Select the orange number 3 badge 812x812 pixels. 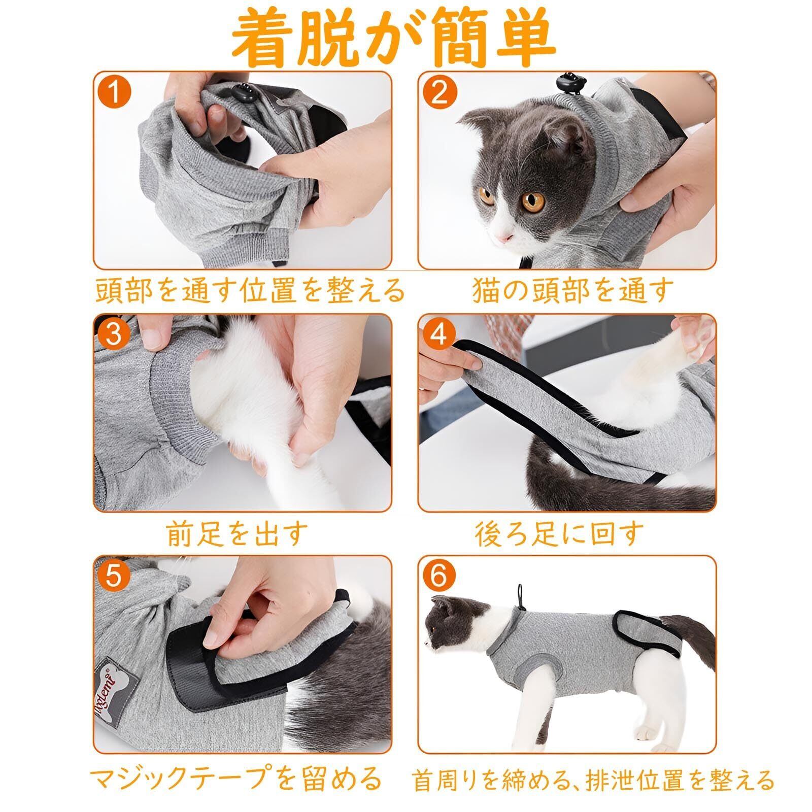coord(115,335)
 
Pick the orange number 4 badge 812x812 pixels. coord(439,335)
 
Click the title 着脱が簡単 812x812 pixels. coord(394,41)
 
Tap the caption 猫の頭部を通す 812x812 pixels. coord(572,290)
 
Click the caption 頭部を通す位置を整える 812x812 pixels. coord(250,290)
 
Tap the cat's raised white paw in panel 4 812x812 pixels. coord(690,337)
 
